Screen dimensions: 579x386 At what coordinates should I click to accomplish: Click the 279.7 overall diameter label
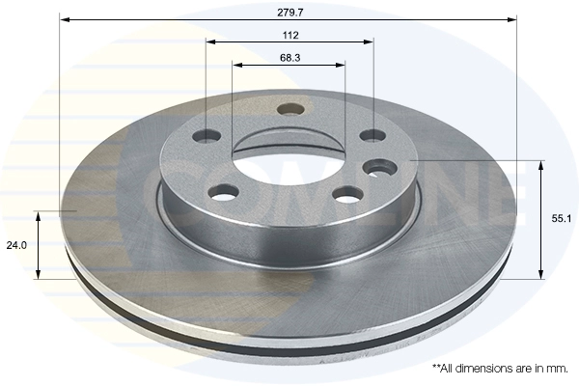click(x=290, y=13)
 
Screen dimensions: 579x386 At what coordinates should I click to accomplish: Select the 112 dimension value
click(x=290, y=36)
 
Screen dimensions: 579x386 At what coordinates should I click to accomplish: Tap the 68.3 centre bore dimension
click(x=290, y=58)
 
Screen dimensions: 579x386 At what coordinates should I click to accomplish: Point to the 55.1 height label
click(x=562, y=219)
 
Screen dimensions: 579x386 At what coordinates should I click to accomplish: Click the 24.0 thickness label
click(x=16, y=245)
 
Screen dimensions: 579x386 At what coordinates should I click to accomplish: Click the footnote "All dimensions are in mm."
click(x=501, y=369)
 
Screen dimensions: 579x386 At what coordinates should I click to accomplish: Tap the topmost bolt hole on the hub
click(x=291, y=110)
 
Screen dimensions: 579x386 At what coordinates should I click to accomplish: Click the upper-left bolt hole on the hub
click(x=207, y=135)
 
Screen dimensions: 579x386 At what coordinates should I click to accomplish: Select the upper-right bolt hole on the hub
click(x=372, y=135)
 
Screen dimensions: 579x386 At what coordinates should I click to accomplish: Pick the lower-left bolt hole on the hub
click(x=224, y=192)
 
